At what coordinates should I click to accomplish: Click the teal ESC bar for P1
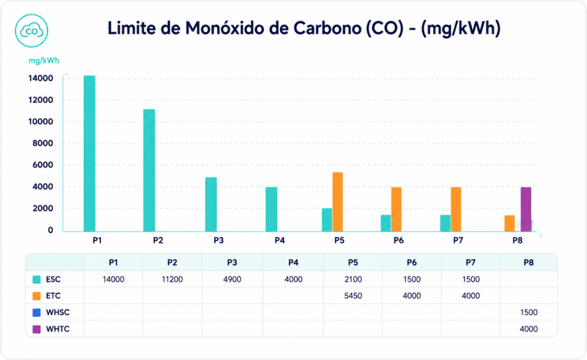click(x=89, y=154)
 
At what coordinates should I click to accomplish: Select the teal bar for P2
click(x=149, y=170)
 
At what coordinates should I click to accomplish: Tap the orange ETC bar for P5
click(x=338, y=202)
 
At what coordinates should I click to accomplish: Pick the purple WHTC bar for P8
click(x=526, y=209)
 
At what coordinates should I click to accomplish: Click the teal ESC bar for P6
click(x=386, y=223)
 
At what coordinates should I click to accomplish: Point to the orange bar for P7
click(x=456, y=209)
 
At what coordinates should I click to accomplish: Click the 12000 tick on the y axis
click(x=41, y=100)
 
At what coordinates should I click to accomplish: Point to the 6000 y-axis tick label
click(x=42, y=165)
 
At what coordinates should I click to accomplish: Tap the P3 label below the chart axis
click(x=218, y=240)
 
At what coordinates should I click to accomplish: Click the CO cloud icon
click(x=32, y=31)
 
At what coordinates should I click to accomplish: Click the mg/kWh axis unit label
click(x=44, y=61)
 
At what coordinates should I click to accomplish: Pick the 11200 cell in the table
click(x=172, y=279)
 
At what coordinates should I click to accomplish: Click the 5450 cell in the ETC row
click(x=353, y=296)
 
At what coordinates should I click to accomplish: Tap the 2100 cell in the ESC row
click(x=353, y=279)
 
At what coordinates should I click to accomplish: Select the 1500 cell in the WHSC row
click(x=529, y=312)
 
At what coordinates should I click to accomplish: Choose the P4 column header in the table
click(x=293, y=263)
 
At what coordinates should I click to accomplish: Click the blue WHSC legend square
click(x=37, y=312)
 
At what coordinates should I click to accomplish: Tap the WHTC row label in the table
click(x=58, y=329)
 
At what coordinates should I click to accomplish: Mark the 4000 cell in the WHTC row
click(x=529, y=329)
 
